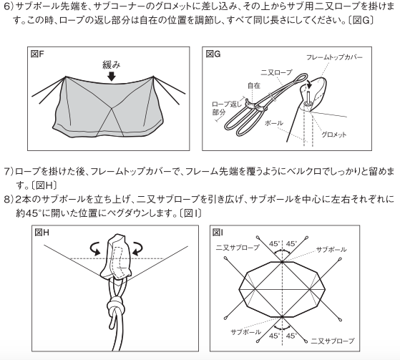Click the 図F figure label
coord(37,54)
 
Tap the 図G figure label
coord(213,54)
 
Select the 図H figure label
coord(42,233)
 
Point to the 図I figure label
coord(218,233)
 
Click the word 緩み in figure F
coord(111,65)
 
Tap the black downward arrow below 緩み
coord(112,77)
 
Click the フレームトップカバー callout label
coord(334,57)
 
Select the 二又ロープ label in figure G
coord(276,73)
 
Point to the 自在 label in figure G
coord(253,85)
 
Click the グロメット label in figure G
coord(333,135)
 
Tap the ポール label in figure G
coord(274,123)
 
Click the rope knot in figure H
coord(116,306)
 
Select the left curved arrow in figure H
coord(96,248)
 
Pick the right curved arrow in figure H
coord(137,248)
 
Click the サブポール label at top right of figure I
coord(331,249)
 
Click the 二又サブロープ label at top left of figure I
coord(238,247)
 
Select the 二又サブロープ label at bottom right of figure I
coord(333,341)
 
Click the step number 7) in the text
coord(9,172)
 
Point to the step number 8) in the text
coord(9,199)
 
